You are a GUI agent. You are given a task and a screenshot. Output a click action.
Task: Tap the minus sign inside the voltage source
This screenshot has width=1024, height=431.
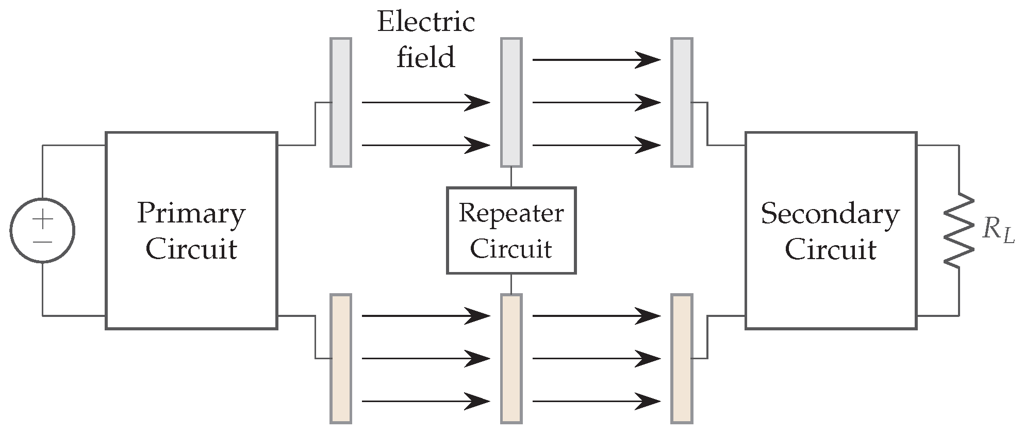click(43, 242)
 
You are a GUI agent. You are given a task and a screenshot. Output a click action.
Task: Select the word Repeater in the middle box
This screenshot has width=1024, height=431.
click(510, 214)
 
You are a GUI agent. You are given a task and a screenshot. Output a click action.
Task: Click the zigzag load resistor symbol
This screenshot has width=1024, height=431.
click(959, 230)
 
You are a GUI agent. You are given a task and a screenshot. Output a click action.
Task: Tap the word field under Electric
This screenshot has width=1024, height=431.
click(425, 57)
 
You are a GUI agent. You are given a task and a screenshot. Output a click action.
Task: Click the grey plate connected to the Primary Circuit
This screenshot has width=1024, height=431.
click(341, 102)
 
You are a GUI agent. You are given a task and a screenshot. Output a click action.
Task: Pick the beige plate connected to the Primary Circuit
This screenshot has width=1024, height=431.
click(341, 359)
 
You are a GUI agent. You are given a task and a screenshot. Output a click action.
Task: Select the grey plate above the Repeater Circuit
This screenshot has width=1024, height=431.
click(511, 102)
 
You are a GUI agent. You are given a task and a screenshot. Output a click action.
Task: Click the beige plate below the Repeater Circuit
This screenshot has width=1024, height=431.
click(511, 359)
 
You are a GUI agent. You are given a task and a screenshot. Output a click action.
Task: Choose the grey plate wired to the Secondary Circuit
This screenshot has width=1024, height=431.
click(682, 102)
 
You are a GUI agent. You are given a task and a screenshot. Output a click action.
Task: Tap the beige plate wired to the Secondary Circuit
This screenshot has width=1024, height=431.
click(682, 359)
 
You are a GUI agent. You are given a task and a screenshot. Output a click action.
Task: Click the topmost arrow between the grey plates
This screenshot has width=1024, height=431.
click(596, 60)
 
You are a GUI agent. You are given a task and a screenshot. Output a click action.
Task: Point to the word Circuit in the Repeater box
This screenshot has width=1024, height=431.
click(510, 249)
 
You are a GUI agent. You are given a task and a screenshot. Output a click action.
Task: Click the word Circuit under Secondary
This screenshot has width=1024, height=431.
click(830, 249)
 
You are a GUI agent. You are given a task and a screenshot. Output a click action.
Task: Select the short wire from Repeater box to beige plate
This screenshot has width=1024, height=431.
click(511, 283)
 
